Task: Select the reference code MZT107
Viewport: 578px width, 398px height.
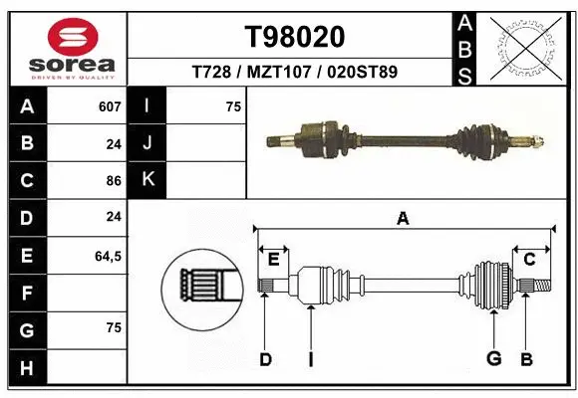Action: (x=294, y=72)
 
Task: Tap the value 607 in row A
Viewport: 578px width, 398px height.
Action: (x=109, y=105)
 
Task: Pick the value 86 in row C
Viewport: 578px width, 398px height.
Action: (x=113, y=181)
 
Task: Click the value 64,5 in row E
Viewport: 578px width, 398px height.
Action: (x=108, y=256)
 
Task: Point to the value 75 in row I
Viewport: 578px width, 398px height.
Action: (x=233, y=105)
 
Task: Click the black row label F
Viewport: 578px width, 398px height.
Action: (x=26, y=294)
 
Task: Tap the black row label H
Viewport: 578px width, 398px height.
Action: (x=26, y=368)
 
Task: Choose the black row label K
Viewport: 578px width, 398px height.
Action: (x=147, y=180)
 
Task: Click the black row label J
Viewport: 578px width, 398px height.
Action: (x=147, y=143)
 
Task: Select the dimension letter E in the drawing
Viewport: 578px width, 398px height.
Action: (x=273, y=260)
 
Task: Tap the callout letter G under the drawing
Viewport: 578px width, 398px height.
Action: (x=492, y=359)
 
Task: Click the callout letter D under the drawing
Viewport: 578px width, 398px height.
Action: (x=265, y=359)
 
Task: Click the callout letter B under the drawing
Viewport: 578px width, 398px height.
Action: (x=526, y=359)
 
